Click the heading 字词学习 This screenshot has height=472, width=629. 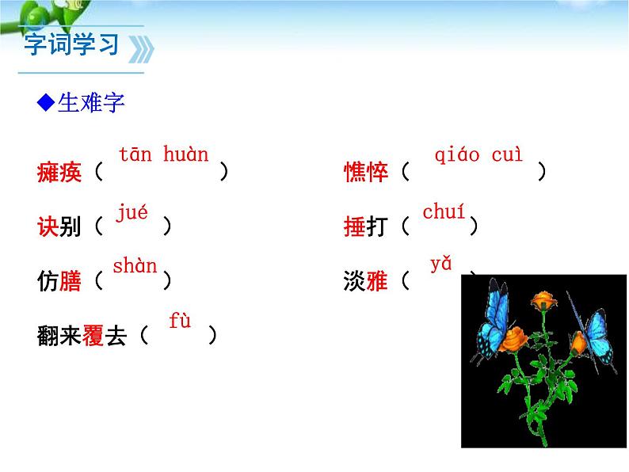coord(71,44)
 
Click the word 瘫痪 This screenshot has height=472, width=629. coord(59,171)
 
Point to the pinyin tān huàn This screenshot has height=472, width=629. coord(163,154)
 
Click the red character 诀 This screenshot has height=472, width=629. coord(48,226)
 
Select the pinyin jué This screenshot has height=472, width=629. coord(132,212)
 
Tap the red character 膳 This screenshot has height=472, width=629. coord(71,280)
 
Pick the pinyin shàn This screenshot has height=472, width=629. coord(135,266)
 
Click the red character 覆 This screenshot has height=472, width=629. coord(93,336)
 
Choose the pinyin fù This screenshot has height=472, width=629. coord(180,322)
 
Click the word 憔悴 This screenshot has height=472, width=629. coord(366,171)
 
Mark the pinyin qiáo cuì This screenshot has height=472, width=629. coord(478,155)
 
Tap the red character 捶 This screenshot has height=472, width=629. coord(355,226)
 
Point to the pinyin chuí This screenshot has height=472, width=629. coord(444,212)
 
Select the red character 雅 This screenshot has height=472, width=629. coord(377,280)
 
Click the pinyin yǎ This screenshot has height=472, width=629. coord(440,265)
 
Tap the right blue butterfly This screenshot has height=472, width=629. coord(599,340)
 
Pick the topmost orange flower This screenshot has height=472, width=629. coord(542,301)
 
